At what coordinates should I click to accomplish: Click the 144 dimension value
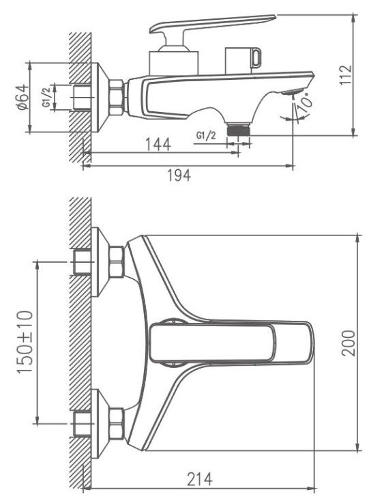pyautogui.click(x=158, y=145)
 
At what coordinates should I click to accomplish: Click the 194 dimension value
pyautogui.click(x=179, y=175)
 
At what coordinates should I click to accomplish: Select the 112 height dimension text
pyautogui.click(x=346, y=75)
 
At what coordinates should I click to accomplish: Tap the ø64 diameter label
pyautogui.click(x=23, y=97)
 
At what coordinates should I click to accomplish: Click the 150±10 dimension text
pyautogui.click(x=25, y=342)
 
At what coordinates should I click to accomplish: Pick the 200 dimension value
pyautogui.click(x=349, y=343)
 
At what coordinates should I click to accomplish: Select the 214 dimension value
pyautogui.click(x=200, y=479)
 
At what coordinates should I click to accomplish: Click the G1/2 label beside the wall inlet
pyautogui.click(x=46, y=98)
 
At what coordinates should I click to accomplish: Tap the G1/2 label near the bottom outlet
pyautogui.click(x=206, y=136)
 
